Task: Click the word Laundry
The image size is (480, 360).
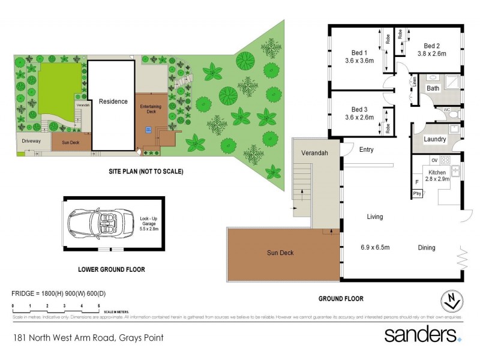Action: tap(435, 139)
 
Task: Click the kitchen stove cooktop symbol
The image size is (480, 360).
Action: tap(445, 161)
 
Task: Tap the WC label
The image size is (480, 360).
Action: tap(446, 110)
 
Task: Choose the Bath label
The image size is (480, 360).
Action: tap(433, 88)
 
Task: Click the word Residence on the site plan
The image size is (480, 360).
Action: tap(113, 101)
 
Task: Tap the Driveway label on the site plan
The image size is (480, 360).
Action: tap(32, 141)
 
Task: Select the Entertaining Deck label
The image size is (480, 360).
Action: tap(151, 109)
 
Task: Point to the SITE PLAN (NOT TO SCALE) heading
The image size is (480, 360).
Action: tap(146, 172)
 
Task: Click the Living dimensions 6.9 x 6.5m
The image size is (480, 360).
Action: tap(375, 247)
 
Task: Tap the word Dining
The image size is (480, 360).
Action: tap(427, 247)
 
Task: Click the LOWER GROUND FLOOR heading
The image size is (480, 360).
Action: tap(112, 269)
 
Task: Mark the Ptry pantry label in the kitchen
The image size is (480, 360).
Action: tap(416, 193)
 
